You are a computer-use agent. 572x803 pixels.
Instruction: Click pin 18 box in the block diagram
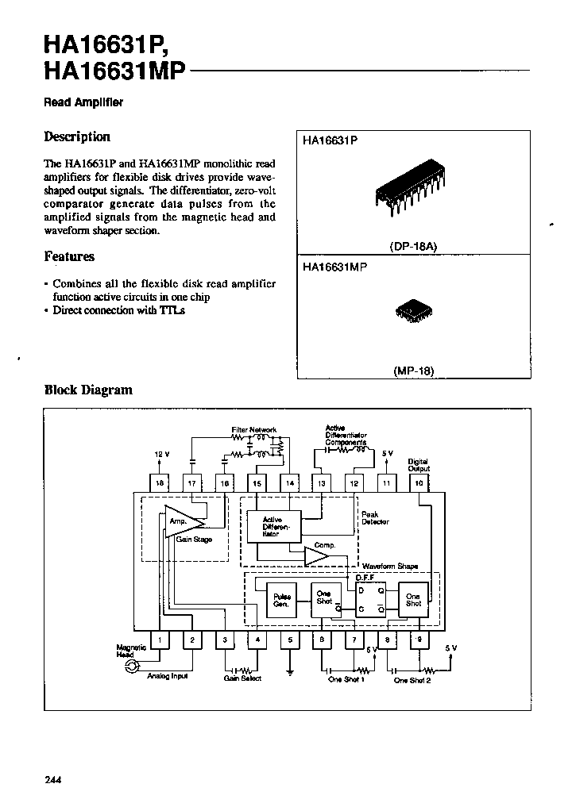159,482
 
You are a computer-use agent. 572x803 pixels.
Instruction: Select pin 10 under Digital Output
419,482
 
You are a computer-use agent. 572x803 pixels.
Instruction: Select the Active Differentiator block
272,526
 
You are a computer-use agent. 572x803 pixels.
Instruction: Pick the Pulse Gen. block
281,601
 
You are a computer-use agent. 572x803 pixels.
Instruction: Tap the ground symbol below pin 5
290,672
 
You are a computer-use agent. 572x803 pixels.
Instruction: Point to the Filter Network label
253,430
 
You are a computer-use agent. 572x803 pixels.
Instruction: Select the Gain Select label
242,678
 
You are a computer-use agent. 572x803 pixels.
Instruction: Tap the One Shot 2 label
412,680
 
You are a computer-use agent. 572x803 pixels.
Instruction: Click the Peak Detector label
375,517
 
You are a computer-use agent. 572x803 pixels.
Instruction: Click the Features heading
69,256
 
